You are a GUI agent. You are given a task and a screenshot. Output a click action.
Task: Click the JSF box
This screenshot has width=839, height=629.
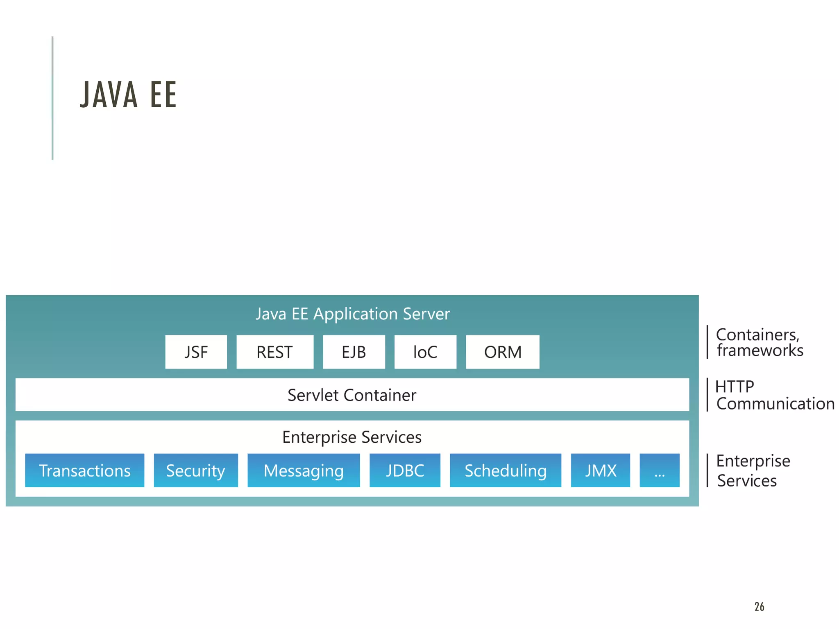196,352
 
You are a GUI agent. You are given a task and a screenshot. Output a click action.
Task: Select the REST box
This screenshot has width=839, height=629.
274,352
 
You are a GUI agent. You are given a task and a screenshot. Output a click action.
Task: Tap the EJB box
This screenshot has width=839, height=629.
354,352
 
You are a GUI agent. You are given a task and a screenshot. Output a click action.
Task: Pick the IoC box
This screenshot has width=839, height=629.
425,352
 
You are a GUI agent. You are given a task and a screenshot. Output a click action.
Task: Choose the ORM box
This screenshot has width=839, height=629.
502,352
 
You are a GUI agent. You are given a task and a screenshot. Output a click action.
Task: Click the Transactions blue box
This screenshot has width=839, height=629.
84,470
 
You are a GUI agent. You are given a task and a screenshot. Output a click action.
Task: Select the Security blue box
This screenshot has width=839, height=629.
195,470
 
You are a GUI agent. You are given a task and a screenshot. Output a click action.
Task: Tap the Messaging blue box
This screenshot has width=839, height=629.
303,470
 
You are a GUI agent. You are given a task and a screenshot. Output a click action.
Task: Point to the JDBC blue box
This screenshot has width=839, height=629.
405,470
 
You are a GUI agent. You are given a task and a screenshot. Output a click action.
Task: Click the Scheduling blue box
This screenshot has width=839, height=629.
505,470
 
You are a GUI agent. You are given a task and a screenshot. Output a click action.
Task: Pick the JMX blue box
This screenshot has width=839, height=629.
600,470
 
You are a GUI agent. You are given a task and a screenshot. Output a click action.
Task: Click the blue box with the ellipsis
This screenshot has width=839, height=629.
659,470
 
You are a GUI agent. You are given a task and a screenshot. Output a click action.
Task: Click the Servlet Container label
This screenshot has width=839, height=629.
351,395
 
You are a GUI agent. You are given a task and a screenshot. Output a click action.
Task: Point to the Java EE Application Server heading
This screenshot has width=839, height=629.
352,314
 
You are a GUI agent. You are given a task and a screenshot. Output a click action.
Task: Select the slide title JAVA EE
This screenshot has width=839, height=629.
128,95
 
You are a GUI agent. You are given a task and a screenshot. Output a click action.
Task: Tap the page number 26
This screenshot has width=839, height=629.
759,606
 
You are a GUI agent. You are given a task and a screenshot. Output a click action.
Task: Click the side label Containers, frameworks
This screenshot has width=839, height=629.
759,342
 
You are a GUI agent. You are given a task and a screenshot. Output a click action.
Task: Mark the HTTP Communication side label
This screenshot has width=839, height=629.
774,395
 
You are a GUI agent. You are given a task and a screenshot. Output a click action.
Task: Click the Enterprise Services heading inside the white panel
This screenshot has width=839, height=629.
351,437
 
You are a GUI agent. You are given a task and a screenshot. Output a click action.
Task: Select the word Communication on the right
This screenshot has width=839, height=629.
775,404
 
